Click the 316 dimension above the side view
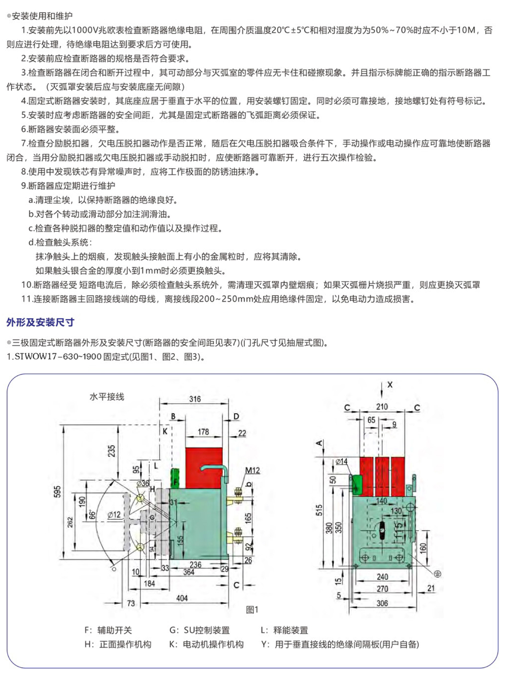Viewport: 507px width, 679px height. click(x=195, y=399)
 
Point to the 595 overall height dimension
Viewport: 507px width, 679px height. click(x=57, y=491)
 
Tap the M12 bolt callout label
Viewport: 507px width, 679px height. click(x=252, y=470)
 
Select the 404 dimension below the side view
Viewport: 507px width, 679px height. click(x=182, y=598)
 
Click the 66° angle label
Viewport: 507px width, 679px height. click(x=92, y=515)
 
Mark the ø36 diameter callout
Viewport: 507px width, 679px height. click(x=142, y=484)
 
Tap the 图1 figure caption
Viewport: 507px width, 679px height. click(x=252, y=610)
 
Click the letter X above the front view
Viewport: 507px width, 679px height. click(x=390, y=385)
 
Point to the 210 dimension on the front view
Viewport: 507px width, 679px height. click(x=382, y=407)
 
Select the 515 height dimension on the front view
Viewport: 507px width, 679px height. click(x=319, y=510)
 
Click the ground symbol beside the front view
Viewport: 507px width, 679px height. click(x=437, y=573)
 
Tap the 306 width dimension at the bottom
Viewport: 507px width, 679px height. click(x=382, y=603)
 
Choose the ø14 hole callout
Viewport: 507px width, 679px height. click(x=342, y=461)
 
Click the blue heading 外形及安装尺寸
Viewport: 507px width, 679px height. click(x=41, y=322)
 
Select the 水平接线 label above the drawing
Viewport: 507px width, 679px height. click(x=107, y=396)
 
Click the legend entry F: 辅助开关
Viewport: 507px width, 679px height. click(x=108, y=630)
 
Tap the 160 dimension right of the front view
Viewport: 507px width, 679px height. click(x=423, y=547)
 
